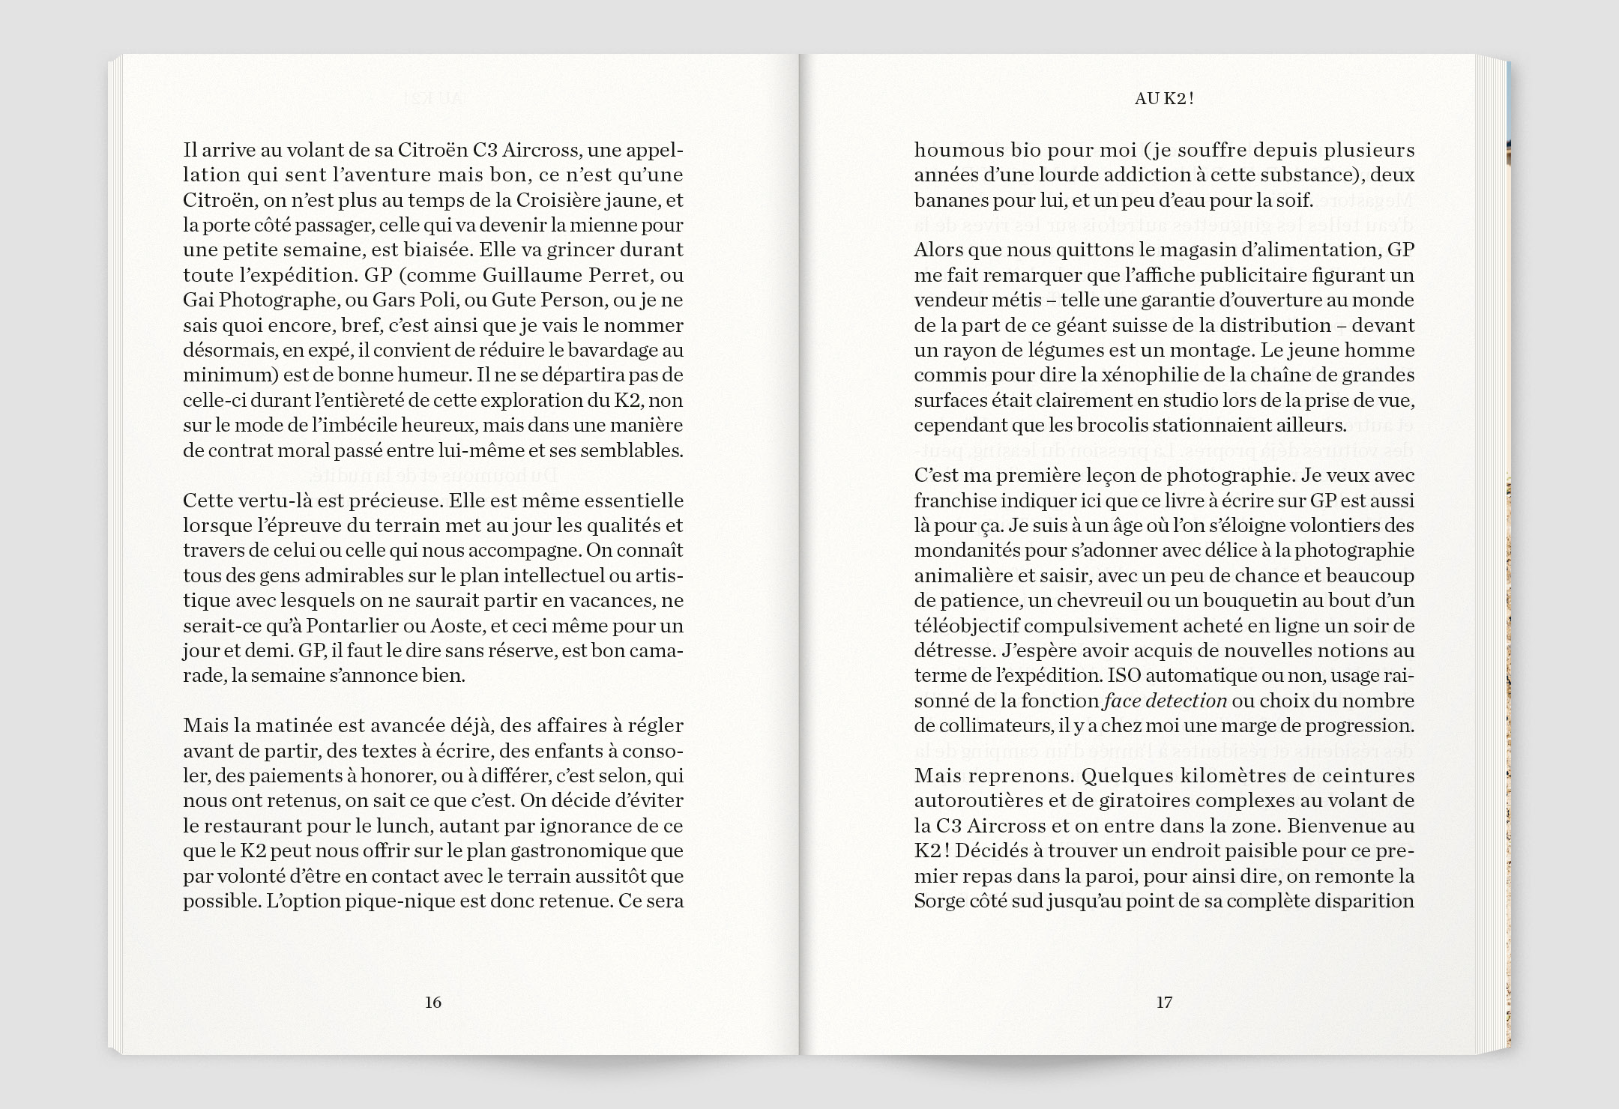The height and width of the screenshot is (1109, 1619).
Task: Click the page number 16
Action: (x=432, y=1002)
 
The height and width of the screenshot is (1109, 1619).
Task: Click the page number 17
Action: (x=1163, y=1002)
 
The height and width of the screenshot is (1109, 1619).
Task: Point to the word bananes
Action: (x=947, y=200)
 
